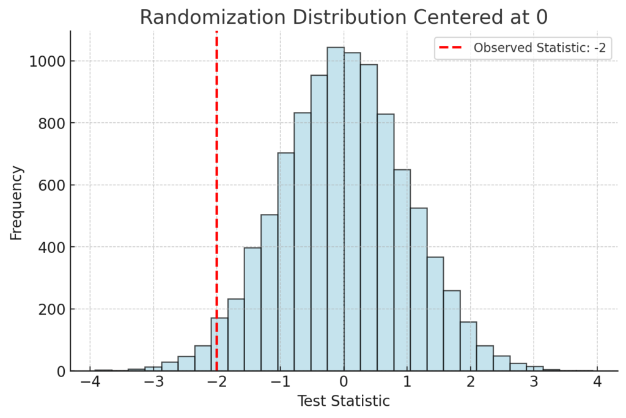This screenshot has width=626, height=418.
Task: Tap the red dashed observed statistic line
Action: click(x=216, y=183)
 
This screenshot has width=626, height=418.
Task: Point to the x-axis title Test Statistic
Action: click(x=343, y=402)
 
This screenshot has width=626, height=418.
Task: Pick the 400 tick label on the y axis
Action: click(x=50, y=248)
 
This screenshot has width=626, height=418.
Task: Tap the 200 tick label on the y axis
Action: click(x=50, y=309)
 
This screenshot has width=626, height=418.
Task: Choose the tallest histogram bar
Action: click(x=336, y=208)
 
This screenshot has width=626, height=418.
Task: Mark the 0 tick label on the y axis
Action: click(x=60, y=372)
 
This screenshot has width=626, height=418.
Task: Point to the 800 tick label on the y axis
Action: click(x=50, y=123)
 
